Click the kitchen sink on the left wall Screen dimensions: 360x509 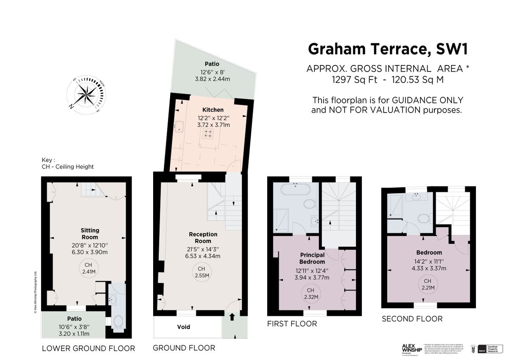179,126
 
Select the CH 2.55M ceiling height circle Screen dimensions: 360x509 201,272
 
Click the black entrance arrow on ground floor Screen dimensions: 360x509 232,317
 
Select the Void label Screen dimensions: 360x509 184,327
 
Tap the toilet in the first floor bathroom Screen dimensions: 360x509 310,205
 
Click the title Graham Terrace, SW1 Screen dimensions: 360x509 388,49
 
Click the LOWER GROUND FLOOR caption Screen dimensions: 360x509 88,349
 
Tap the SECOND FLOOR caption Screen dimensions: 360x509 412,319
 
